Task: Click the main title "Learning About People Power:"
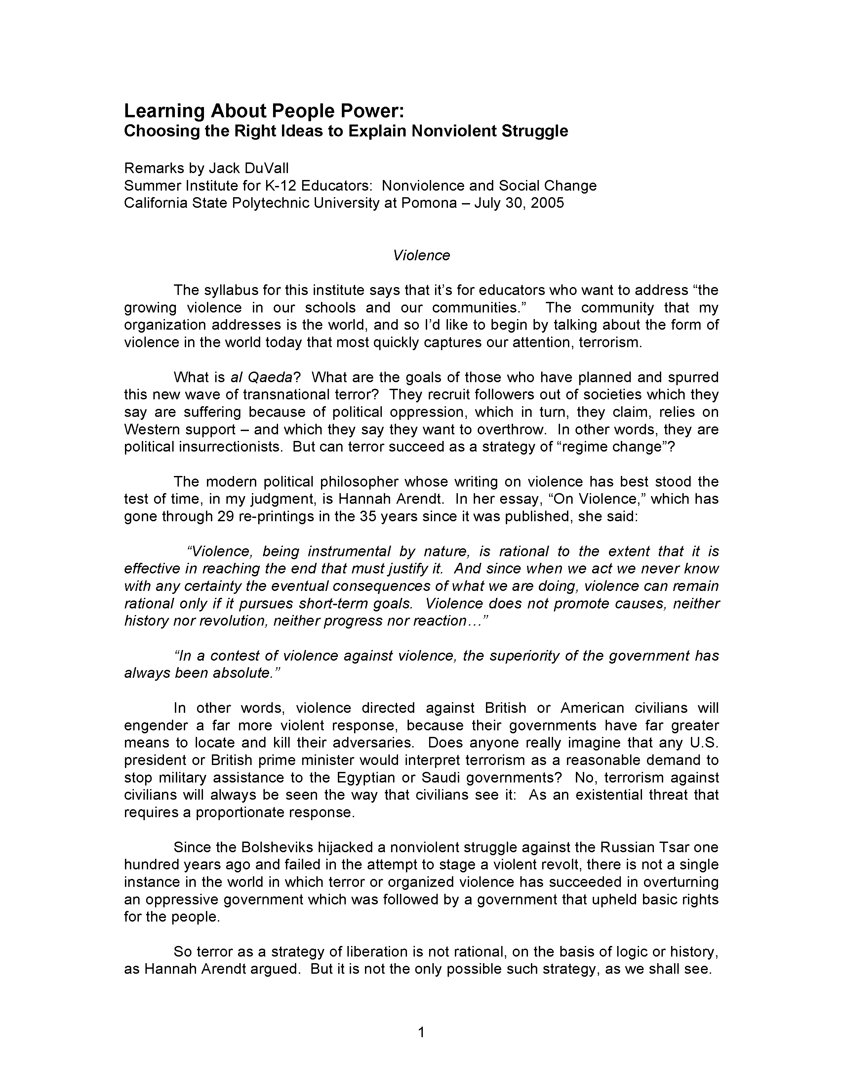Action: [264, 111]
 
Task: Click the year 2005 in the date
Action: [547, 203]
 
